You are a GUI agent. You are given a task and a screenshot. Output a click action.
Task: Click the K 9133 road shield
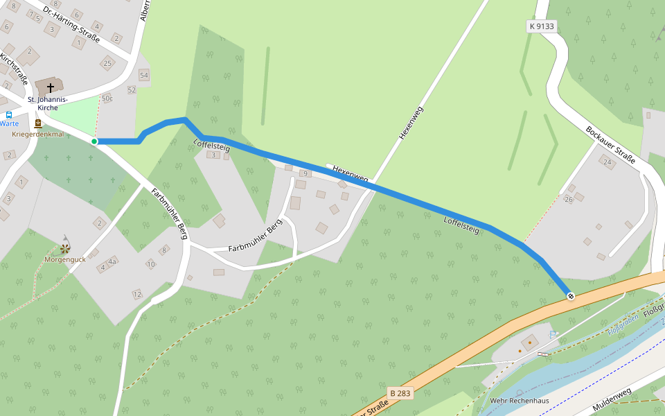(x=541, y=26)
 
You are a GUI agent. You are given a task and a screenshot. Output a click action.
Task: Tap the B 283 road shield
(x=400, y=393)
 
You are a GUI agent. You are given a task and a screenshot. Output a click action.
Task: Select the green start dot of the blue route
(x=94, y=141)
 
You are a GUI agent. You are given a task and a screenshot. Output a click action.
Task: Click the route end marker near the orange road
(x=571, y=296)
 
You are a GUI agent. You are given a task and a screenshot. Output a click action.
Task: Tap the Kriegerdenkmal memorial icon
(x=37, y=123)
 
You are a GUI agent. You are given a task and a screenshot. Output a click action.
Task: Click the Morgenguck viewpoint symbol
(x=64, y=248)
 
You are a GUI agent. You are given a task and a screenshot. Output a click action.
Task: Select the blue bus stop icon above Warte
(x=8, y=114)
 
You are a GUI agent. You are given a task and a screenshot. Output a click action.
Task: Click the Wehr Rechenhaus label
(x=519, y=401)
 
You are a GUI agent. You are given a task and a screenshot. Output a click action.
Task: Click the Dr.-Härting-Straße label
(x=71, y=25)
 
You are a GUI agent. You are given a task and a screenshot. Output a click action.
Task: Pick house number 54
(x=143, y=75)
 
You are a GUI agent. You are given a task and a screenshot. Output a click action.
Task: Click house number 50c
(x=107, y=98)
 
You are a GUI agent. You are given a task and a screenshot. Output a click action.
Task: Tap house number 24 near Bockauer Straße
(x=608, y=163)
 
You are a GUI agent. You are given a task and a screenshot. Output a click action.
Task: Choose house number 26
(x=569, y=200)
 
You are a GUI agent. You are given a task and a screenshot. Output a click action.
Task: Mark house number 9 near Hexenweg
(x=302, y=173)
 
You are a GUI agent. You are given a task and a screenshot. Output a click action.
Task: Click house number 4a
(x=112, y=261)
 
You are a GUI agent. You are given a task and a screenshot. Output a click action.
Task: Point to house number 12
(x=137, y=295)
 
